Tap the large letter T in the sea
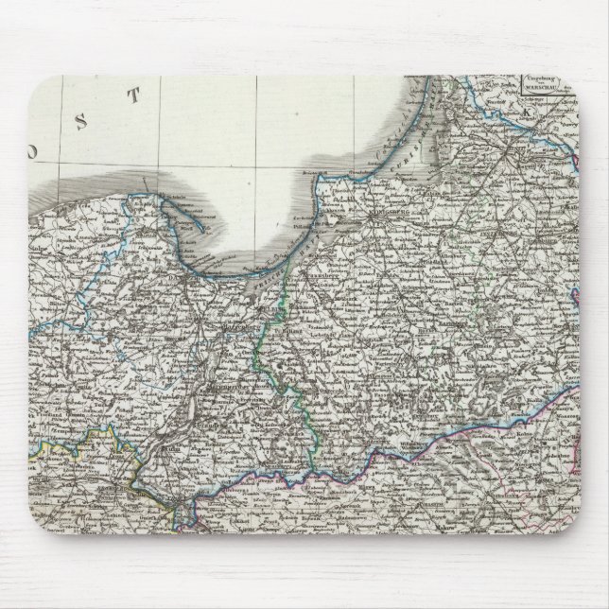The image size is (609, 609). (135, 94)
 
